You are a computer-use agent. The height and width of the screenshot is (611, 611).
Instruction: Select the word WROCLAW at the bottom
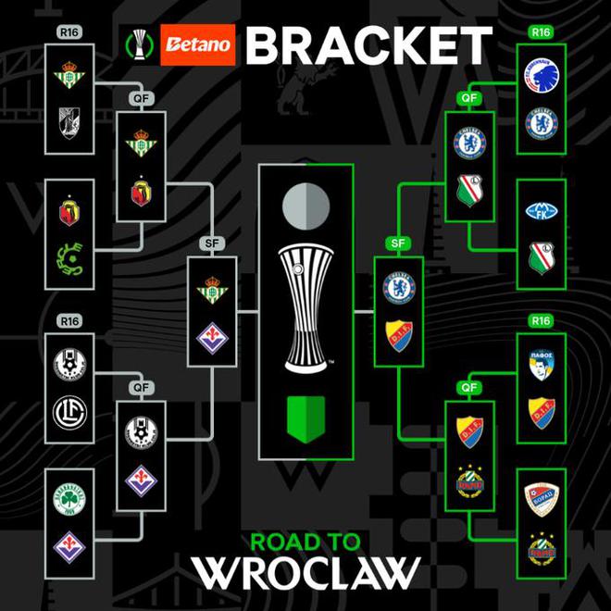305,571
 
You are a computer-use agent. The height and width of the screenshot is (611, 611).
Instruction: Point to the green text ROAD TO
305,541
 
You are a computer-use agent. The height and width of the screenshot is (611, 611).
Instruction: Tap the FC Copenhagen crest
542,75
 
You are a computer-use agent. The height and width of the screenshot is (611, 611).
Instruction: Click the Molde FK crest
542,212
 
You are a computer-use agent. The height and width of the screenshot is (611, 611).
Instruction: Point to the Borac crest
542,500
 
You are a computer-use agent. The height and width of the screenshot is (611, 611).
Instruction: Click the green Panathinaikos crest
69,501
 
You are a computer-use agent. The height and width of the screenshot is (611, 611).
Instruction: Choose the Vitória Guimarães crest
69,121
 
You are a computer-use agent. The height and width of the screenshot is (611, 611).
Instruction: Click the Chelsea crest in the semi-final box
398,285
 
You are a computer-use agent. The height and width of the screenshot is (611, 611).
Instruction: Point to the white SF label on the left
211,243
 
